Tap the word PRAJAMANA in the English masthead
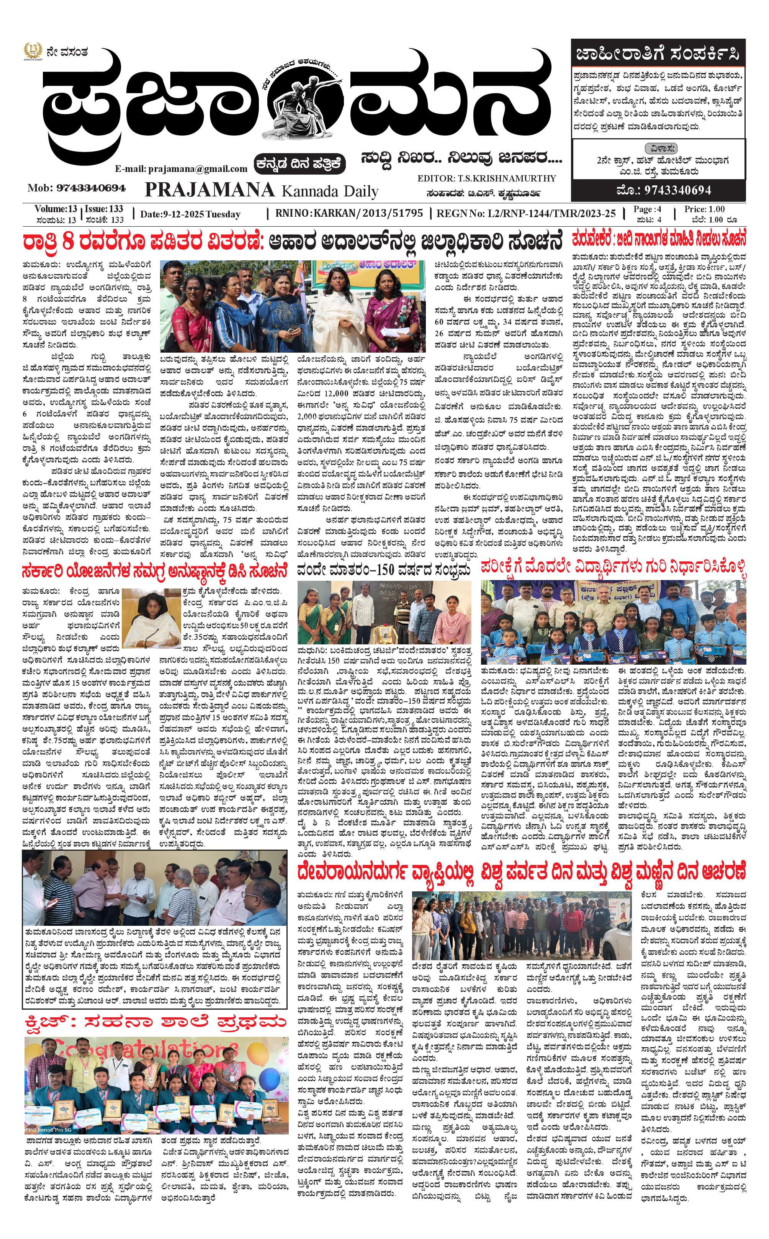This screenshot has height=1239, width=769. click(209, 190)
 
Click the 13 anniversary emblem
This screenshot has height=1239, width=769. click(33, 51)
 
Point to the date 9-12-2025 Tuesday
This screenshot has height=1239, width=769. click(190, 214)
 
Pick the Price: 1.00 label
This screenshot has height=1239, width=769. click(704, 209)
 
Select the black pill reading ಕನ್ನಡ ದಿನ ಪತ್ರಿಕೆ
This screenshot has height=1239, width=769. click(301, 164)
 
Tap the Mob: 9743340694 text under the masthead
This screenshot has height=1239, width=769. click(76, 188)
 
